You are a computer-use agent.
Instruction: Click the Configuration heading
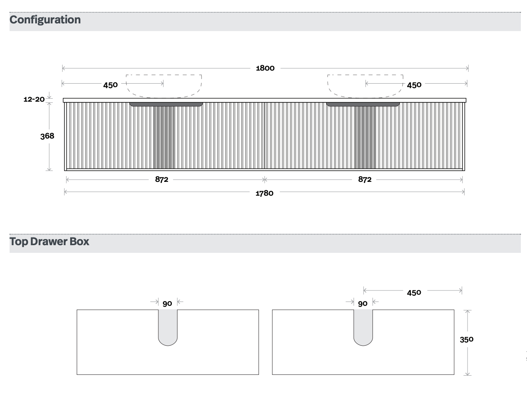(x=45, y=20)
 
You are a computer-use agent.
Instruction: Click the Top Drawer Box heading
(x=49, y=242)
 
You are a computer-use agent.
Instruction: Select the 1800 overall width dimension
(x=265, y=68)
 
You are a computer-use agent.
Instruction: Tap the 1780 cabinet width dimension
(x=265, y=193)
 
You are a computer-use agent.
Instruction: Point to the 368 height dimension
(x=47, y=136)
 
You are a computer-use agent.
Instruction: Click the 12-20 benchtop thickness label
(x=34, y=99)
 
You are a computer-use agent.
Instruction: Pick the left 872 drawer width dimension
(x=161, y=179)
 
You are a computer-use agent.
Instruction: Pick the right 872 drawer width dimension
(x=365, y=179)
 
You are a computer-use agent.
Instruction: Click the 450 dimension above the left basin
(x=110, y=85)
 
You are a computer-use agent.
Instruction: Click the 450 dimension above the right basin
(x=414, y=85)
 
